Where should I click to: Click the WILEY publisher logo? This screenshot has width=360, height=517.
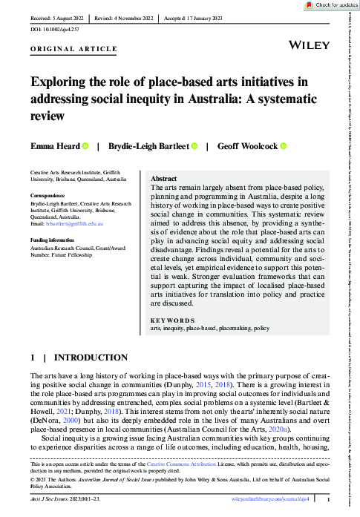tap(309, 45)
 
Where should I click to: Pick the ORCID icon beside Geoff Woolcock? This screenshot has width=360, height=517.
tap(283, 146)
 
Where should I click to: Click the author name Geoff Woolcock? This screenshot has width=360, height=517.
tap(247, 146)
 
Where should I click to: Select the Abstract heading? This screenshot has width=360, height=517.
tap(163, 180)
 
